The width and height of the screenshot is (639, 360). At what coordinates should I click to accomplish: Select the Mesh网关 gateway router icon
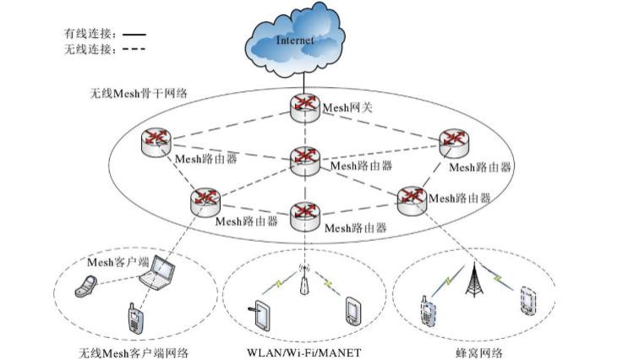(x=303, y=105)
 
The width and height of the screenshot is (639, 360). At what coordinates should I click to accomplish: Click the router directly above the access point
(x=303, y=215)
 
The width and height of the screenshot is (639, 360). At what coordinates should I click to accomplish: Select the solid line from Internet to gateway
(x=303, y=82)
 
